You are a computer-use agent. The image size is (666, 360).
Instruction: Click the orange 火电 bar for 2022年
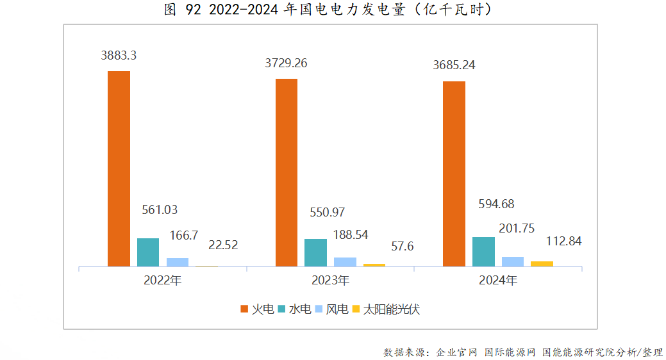[x=119, y=168]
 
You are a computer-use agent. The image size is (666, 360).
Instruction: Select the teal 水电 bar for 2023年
[x=315, y=252]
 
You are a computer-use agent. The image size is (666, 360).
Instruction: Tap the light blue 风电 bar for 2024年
[x=512, y=261]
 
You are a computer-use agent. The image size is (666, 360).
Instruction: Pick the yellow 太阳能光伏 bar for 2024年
[x=542, y=263]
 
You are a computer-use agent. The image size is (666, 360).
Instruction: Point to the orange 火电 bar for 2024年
[x=454, y=174]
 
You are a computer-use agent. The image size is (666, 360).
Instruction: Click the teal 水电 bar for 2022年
[x=148, y=252]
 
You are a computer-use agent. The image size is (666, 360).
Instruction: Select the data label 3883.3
[x=119, y=56]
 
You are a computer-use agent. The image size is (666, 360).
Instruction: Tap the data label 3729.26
[x=286, y=63]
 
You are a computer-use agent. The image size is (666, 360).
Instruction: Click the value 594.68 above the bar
[x=496, y=204]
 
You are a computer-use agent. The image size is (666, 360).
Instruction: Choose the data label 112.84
[x=563, y=241]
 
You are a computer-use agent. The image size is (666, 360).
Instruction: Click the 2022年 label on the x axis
[x=163, y=281]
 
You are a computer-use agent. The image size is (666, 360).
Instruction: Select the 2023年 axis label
[x=330, y=281]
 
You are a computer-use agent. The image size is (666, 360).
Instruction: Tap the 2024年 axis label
[x=498, y=281]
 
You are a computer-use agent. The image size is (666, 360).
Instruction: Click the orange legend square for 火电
[x=244, y=309]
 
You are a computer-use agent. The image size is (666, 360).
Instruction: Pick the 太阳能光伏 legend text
[x=392, y=309]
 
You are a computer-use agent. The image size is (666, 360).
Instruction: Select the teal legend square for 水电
[x=282, y=309]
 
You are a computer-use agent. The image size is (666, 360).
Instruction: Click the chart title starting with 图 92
[x=332, y=10]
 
